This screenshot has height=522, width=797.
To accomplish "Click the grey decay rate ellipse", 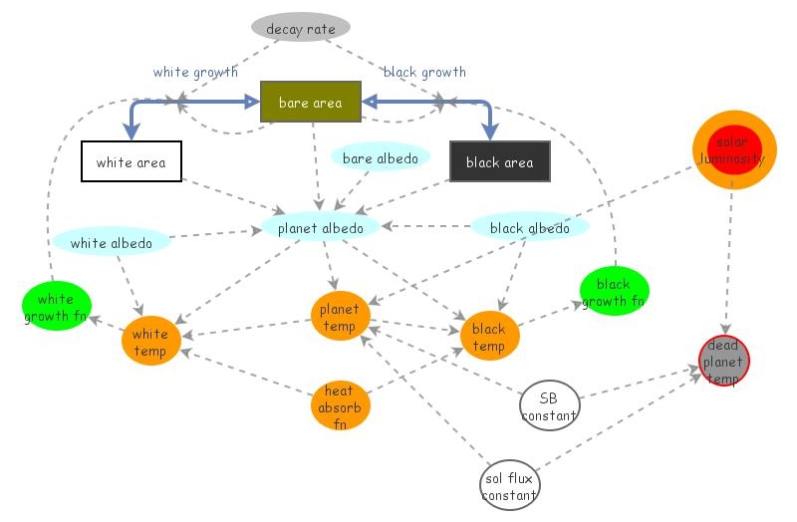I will point(300,29).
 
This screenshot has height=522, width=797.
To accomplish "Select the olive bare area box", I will point(310,102).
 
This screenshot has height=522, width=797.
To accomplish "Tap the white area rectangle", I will point(131,161).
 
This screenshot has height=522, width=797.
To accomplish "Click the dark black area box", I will point(499,161).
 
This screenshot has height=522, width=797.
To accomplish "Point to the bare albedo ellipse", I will point(380,157).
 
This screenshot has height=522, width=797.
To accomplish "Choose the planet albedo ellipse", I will point(320,227).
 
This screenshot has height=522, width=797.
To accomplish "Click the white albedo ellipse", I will point(112,242).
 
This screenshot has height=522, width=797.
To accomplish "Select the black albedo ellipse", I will point(530,227).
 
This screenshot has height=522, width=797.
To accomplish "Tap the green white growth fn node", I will point(57,308).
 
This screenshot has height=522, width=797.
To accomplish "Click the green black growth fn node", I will point(614,292).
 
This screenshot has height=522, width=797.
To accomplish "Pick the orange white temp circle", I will point(150,342).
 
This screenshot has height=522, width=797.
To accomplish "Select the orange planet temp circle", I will point(340,318).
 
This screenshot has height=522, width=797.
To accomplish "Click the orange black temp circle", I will point(489,337).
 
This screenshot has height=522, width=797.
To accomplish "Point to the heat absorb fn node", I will point(340,406).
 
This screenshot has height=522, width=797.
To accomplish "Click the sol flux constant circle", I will point(509,486).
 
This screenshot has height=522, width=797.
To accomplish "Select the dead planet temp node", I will point(723,362).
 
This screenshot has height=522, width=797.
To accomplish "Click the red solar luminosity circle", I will point(733,149).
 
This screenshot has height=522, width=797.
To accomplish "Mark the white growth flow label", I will point(195,72).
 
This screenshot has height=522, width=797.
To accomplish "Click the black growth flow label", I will point(424,72).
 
